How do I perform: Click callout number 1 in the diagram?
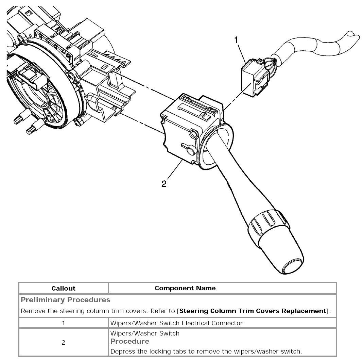[x=236, y=40]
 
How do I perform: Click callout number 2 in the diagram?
[x=164, y=184]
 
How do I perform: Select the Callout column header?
[x=63, y=288]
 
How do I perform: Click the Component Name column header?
[x=185, y=288]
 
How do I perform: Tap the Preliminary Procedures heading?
[x=66, y=300]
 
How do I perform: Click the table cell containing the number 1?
[x=63, y=323]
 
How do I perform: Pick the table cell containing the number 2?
[x=63, y=343]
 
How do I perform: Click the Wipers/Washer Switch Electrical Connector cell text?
[x=176, y=323]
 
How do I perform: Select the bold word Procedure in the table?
[x=130, y=341]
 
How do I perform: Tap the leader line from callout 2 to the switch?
[x=174, y=172]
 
